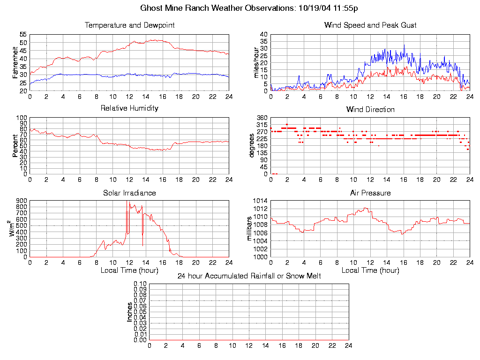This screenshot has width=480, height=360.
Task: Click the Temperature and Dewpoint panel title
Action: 129,25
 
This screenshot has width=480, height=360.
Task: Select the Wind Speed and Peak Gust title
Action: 370,25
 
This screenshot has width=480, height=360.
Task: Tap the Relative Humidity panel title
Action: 129,108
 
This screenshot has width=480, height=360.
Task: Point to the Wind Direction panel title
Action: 370,110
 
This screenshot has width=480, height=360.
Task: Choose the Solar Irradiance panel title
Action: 129,193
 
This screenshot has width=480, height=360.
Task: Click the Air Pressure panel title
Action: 370,193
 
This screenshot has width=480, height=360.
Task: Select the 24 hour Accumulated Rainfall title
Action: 249,276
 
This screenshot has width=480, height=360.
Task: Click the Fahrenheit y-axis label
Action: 15,63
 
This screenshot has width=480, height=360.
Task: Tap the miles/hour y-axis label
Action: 256,63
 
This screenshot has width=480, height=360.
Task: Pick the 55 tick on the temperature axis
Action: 23,35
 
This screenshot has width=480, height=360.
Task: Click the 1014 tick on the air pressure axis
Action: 261,201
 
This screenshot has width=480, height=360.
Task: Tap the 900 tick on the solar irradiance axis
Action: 22,201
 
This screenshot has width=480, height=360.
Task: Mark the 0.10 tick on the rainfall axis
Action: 140,284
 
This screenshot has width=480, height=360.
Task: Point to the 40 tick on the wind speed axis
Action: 263,35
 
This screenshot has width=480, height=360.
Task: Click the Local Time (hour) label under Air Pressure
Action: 370,270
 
